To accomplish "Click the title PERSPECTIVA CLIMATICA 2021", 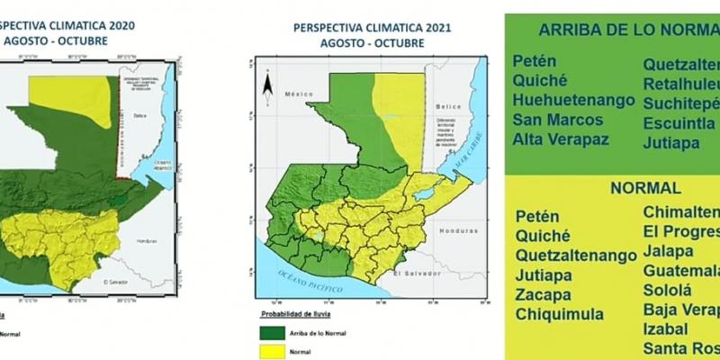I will (x=372, y=28).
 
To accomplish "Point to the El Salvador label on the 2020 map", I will (x=117, y=283).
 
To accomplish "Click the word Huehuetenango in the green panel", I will (x=573, y=100).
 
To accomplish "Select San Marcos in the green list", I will (x=554, y=120).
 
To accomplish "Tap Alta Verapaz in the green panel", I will (x=561, y=139).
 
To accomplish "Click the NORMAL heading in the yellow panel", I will (x=645, y=189).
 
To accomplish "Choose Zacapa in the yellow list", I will (x=544, y=295).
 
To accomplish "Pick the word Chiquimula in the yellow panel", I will (x=559, y=315).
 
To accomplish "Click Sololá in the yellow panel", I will (x=667, y=291).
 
